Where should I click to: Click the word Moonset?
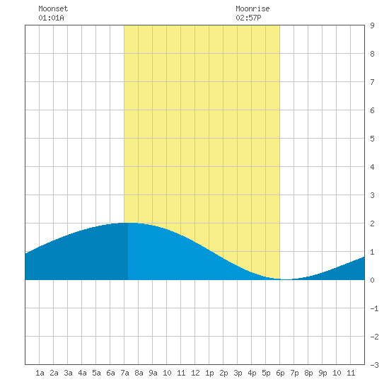point(53,8)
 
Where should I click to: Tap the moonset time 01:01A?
point(51,18)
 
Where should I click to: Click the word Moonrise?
point(252,8)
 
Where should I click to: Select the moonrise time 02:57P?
point(248,18)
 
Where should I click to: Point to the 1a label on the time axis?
point(40,373)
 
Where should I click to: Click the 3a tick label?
point(68,373)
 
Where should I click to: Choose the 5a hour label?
point(96,373)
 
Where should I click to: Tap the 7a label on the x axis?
point(124,373)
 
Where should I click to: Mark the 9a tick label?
point(153,373)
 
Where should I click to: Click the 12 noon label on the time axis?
point(195,373)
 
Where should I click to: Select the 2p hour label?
point(223,373)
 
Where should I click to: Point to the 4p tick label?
point(252,373)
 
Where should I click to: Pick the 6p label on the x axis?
point(280,373)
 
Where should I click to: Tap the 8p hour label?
point(308,373)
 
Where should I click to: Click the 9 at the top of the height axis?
point(372,25)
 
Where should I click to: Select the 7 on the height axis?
point(372,82)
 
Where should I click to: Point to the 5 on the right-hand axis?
point(372,139)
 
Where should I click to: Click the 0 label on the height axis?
point(372,280)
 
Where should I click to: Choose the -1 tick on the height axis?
point(374,308)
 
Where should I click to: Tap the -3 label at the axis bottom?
point(374,365)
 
